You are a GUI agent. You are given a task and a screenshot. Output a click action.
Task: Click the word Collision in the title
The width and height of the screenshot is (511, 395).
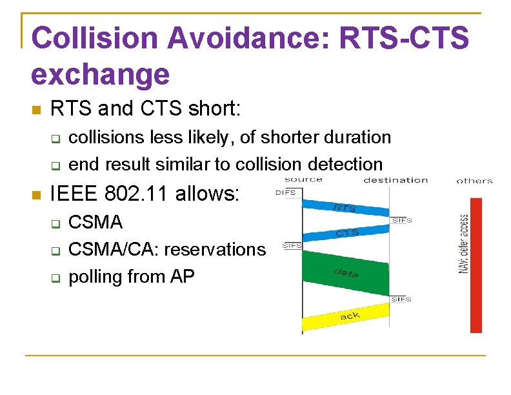(94, 38)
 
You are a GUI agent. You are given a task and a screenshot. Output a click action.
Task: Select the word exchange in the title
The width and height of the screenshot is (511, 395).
(100, 74)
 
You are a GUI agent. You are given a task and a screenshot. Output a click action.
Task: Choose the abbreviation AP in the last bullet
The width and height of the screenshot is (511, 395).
(181, 276)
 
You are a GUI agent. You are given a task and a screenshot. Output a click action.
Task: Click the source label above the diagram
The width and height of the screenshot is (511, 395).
(303, 179)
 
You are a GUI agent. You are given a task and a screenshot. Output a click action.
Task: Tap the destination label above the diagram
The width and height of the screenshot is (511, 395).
(396, 180)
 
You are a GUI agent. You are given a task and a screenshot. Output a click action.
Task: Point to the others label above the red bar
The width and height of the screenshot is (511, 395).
(474, 181)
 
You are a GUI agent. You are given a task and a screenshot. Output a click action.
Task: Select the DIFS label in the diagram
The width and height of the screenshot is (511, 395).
(286, 192)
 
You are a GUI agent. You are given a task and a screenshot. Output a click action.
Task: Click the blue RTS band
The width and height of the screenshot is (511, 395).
(346, 205)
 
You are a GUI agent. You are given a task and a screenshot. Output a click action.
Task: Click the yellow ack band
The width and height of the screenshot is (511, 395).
(346, 318)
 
